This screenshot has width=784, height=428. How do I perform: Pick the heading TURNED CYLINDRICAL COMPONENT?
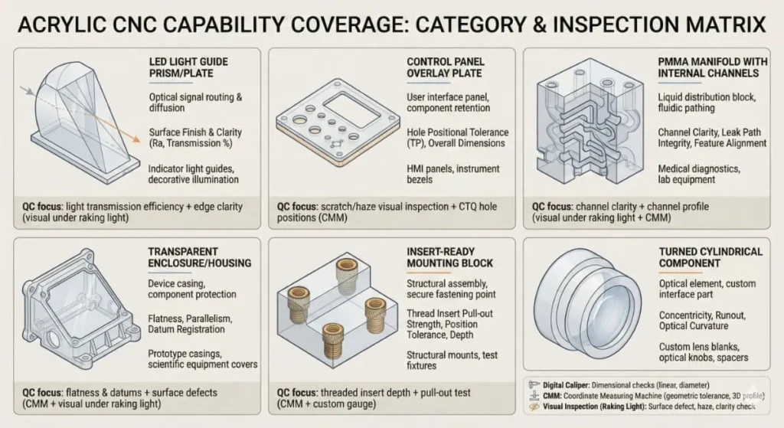700,256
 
